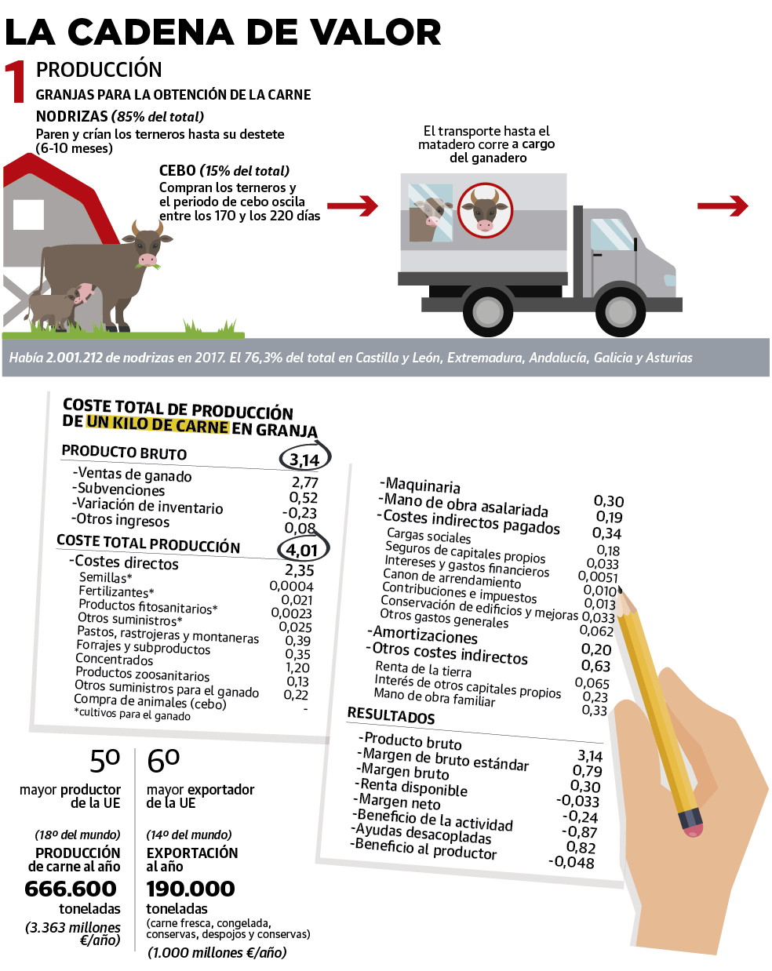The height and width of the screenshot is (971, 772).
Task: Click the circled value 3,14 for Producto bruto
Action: pyautogui.click(x=304, y=459)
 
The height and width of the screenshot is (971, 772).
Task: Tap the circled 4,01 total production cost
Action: pyautogui.click(x=302, y=549)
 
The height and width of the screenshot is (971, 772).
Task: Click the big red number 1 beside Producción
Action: pyautogui.click(x=16, y=82)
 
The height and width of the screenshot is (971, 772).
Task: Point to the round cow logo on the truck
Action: pyautogui.click(x=485, y=210)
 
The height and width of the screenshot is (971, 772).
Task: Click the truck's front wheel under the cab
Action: pyautogui.click(x=620, y=311)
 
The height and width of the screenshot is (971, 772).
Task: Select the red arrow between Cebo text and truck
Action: pyautogui.click(x=352, y=206)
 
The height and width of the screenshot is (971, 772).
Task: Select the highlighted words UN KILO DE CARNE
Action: pyautogui.click(x=158, y=424)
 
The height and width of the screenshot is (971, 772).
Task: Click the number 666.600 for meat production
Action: pyautogui.click(x=71, y=889)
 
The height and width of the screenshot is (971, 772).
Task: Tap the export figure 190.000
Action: pyautogui.click(x=191, y=889)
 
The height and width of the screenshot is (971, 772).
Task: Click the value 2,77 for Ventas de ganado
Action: pyautogui.click(x=305, y=482)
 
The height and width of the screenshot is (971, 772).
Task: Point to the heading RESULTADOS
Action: pyautogui.click(x=391, y=715)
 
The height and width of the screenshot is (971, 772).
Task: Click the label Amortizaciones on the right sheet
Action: pyautogui.click(x=424, y=635)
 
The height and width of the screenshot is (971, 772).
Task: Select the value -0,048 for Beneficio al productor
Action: pyautogui.click(x=571, y=862)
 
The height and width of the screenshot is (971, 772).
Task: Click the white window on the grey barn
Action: pyautogui.click(x=28, y=214)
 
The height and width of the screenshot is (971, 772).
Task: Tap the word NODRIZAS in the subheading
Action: pyautogui.click(x=71, y=116)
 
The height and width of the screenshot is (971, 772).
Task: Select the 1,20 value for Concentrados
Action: pyautogui.click(x=297, y=667)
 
